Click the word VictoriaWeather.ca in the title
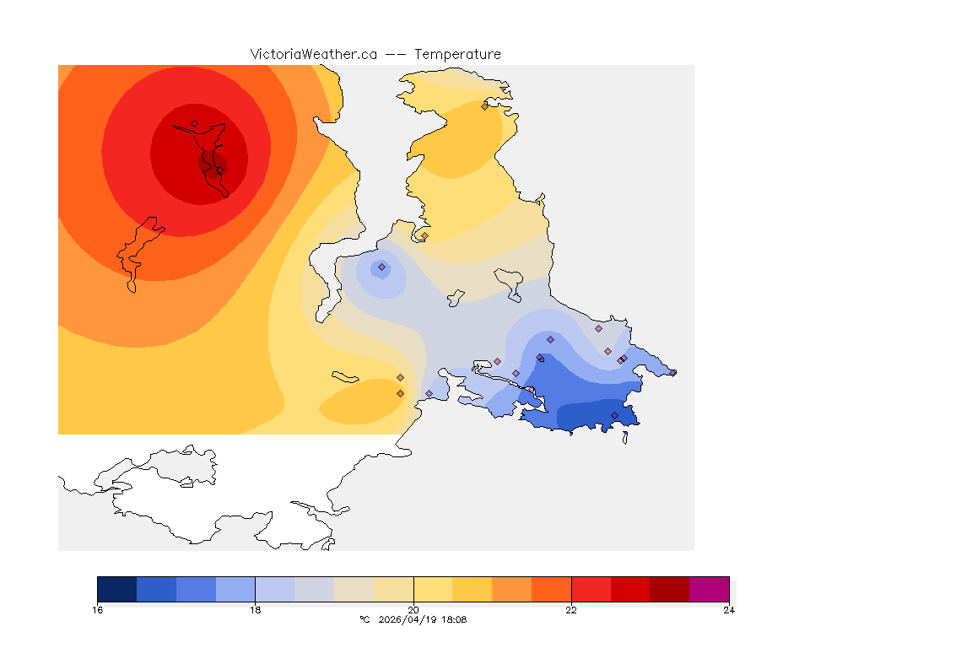(313, 54)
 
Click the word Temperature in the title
(458, 54)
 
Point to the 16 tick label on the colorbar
(97, 610)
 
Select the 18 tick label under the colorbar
(255, 610)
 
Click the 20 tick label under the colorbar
(413, 610)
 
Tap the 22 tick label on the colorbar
(571, 610)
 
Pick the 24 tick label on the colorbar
(729, 610)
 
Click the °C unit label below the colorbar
(364, 620)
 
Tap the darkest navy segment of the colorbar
(116, 589)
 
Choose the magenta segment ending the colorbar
(709, 589)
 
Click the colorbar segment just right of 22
(591, 589)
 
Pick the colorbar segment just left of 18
(235, 589)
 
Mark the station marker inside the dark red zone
(194, 124)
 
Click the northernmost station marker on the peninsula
(484, 106)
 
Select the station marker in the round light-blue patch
(381, 267)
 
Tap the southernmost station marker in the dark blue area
(614, 415)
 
